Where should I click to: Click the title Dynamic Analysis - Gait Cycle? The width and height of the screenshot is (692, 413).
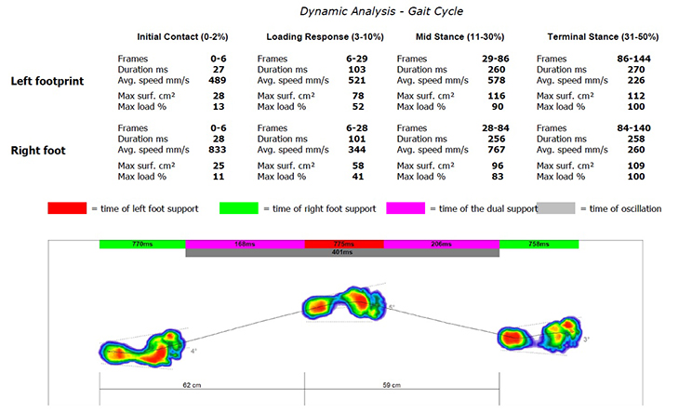345,11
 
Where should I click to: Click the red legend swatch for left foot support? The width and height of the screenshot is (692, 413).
66,208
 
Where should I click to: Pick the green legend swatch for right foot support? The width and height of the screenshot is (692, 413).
238,208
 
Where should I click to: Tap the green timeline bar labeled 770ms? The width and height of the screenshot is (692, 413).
142,244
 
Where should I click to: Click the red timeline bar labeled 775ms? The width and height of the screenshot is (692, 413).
344,244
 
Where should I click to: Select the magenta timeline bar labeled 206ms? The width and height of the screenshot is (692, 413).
441,244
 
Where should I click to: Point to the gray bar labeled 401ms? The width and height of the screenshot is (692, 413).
342,252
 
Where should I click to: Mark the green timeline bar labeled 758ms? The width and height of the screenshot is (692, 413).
539,244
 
